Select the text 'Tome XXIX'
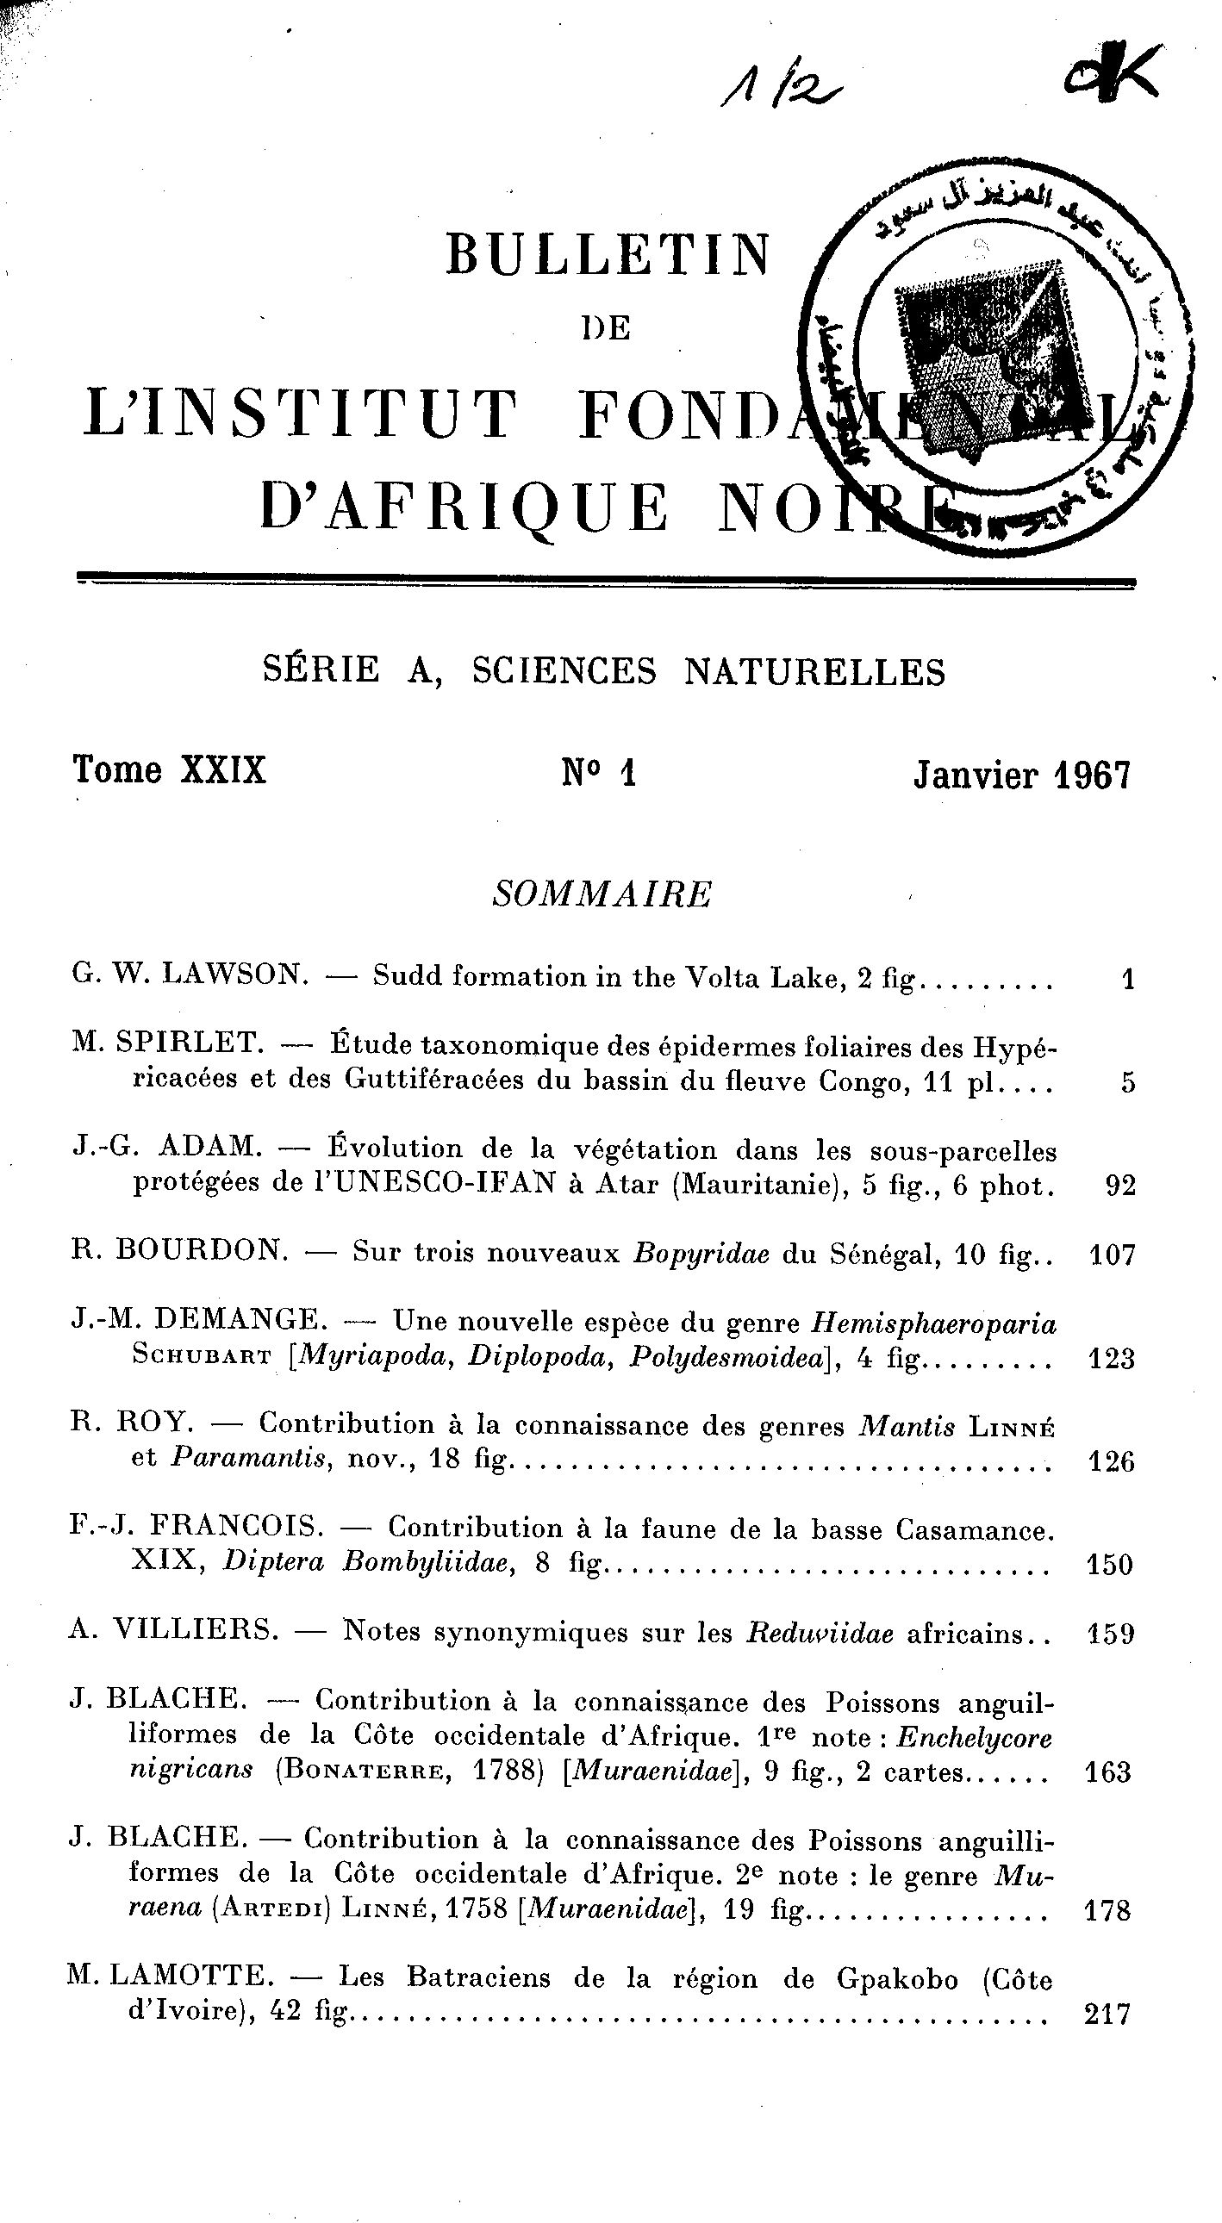(170, 769)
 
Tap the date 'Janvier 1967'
(1022, 775)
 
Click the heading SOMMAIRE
(602, 895)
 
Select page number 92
(1119, 1186)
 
